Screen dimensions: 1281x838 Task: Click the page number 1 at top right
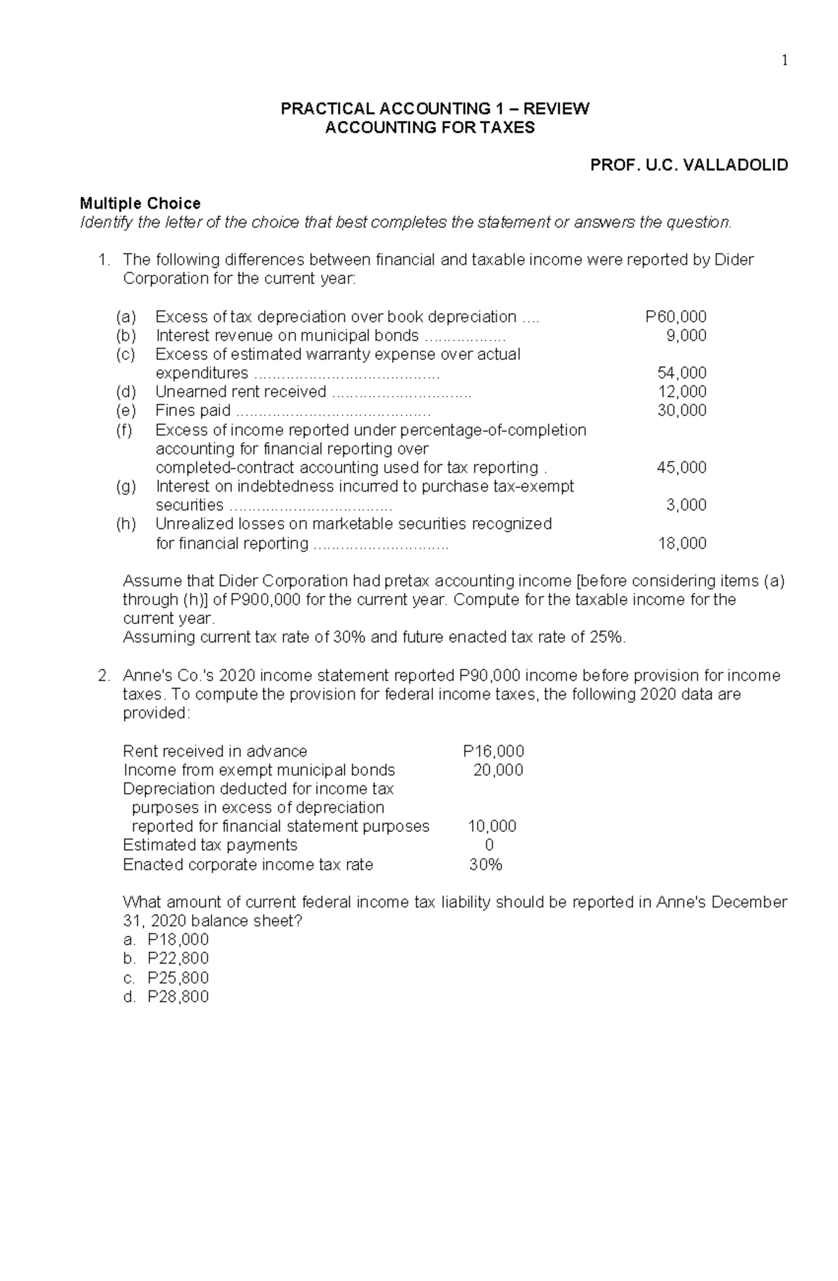[784, 61]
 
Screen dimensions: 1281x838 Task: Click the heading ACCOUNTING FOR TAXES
[430, 128]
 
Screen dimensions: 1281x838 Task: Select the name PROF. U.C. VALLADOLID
[689, 165]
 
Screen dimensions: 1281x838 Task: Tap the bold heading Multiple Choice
[140, 203]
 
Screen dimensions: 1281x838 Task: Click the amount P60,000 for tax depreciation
[675, 317]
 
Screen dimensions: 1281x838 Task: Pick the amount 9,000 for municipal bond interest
[686, 336]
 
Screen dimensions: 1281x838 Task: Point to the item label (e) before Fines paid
[126, 410]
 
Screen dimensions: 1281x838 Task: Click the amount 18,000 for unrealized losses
[682, 543]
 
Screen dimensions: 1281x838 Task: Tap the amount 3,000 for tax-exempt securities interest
[686, 505]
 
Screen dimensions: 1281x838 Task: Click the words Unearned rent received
[240, 392]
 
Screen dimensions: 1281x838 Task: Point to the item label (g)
[126, 487]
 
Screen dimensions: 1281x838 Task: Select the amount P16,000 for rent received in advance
[493, 751]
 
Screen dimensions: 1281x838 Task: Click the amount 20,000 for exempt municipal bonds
[498, 770]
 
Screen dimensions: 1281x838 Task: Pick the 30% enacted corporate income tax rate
[486, 865]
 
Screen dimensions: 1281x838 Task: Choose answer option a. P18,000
[166, 940]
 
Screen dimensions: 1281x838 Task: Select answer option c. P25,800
[166, 978]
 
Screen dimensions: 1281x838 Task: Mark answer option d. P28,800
[166, 997]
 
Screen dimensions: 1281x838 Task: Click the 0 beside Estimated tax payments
[489, 845]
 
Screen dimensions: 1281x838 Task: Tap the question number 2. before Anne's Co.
[103, 676]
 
